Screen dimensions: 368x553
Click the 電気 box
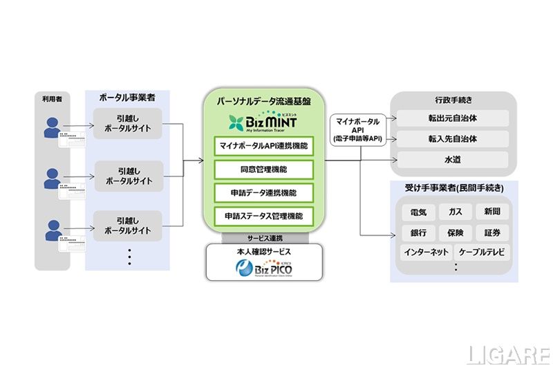(418, 212)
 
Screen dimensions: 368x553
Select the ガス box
(456, 212)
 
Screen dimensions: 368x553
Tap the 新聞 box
(492, 212)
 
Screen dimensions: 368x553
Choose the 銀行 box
(418, 232)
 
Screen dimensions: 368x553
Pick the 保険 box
(456, 232)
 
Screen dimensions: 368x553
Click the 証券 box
(492, 232)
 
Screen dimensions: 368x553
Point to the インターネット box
(425, 252)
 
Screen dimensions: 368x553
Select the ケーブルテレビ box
(482, 252)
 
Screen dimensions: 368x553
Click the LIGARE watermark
(508, 354)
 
